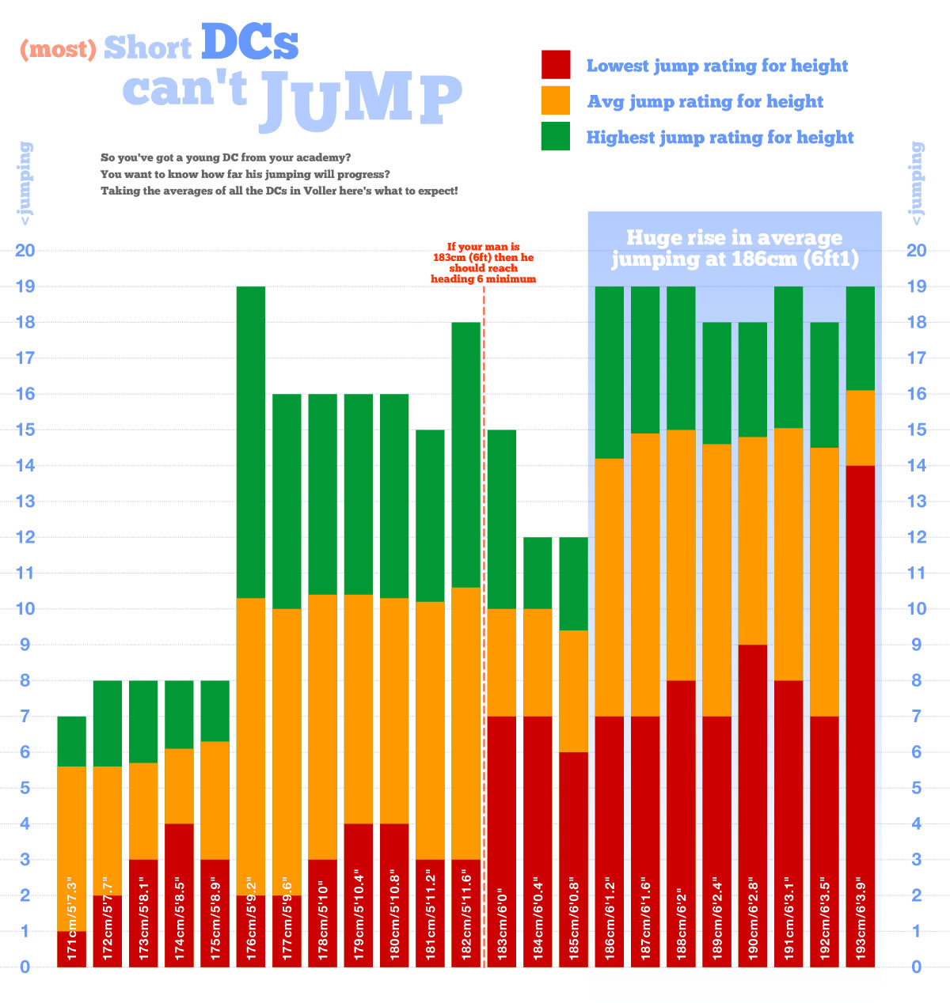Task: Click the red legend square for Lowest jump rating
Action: pos(556,65)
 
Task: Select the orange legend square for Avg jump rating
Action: pos(556,100)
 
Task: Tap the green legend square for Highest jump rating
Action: pos(556,136)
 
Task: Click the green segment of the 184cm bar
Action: pos(538,573)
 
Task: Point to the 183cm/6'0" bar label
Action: pos(502,918)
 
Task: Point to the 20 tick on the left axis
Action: pos(25,251)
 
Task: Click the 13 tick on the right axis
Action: pos(917,501)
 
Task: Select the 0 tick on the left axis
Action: pos(25,967)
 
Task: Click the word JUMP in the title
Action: pos(360,101)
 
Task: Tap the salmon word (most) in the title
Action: pos(58,49)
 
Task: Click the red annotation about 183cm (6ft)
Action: pos(483,263)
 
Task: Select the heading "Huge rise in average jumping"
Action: pos(735,248)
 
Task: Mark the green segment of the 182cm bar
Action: pos(466,454)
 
